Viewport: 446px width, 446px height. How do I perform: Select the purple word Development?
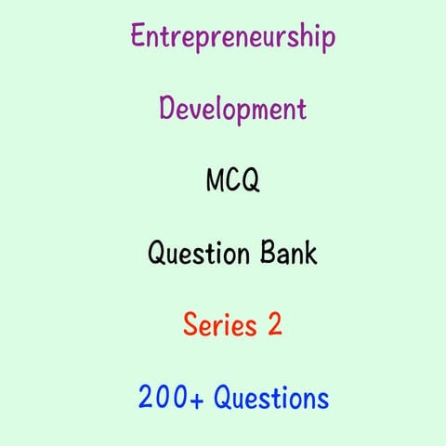(232, 110)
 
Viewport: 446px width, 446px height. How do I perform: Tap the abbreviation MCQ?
(232, 180)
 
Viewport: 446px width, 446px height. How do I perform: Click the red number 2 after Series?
(273, 325)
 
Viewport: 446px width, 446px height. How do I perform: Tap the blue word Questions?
(271, 399)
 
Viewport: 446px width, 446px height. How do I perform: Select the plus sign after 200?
(196, 399)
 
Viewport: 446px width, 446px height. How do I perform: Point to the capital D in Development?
(167, 109)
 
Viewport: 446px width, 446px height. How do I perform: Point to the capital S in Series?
(190, 325)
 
